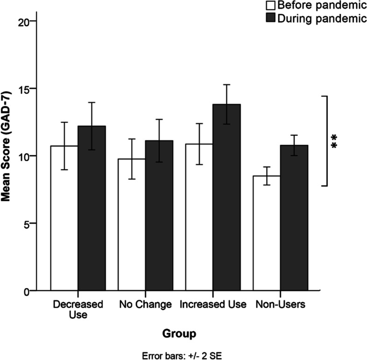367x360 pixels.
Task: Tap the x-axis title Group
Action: [x=179, y=334]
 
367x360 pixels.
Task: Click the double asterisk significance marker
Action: [x=334, y=141]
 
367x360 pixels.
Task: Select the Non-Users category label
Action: [x=280, y=305]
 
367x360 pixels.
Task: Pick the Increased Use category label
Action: [x=213, y=305]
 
